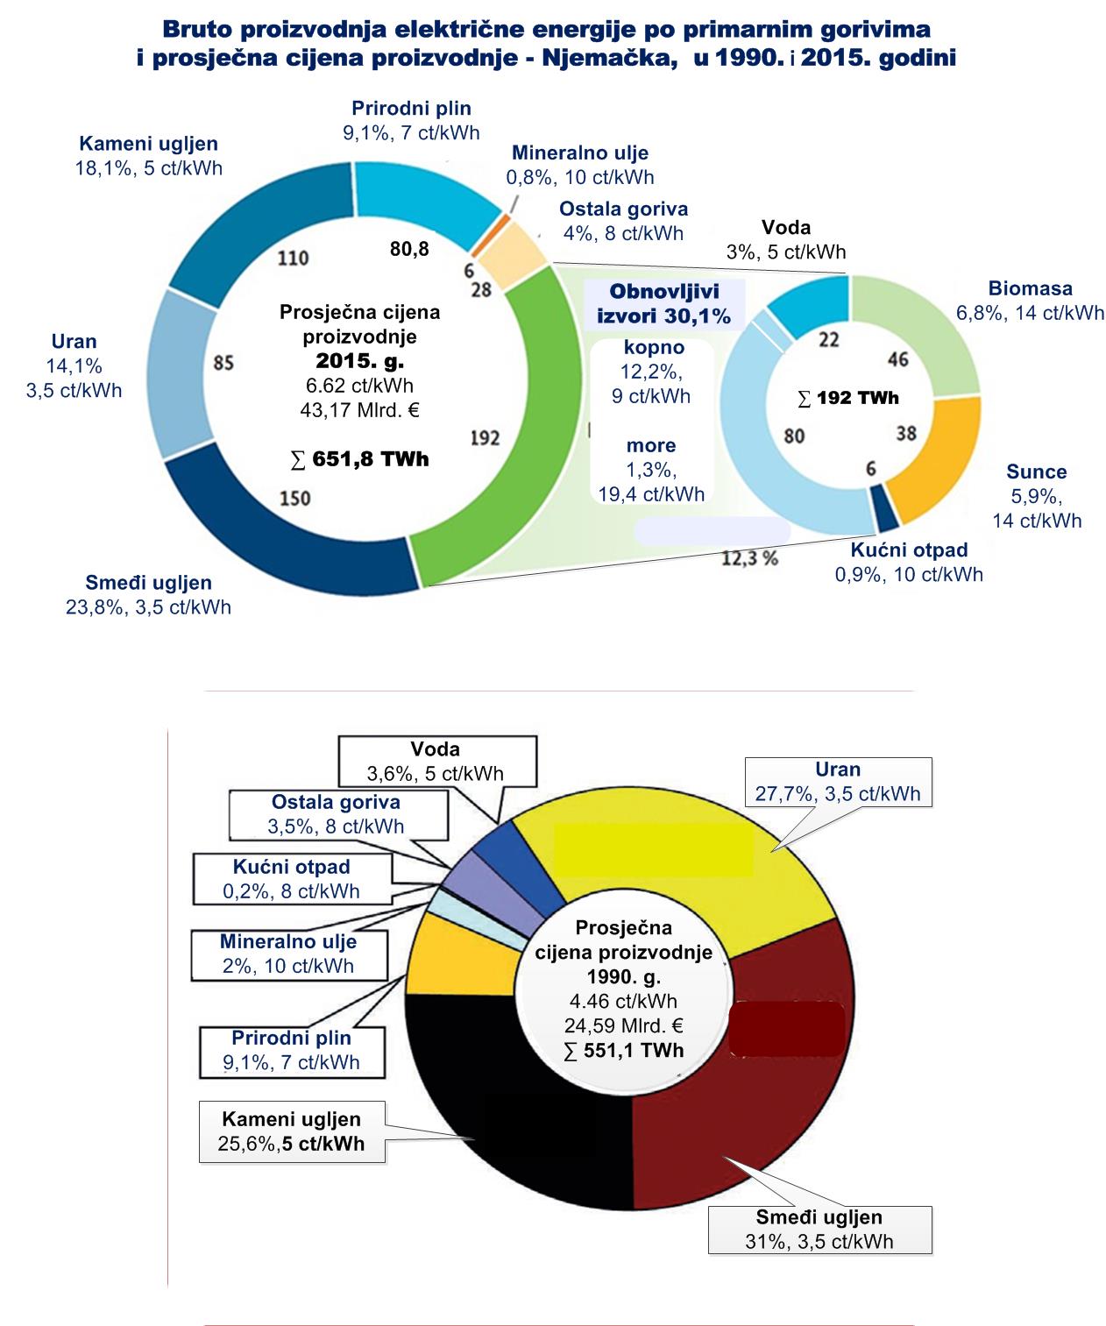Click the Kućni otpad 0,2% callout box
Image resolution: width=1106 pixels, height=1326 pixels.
pos(292,879)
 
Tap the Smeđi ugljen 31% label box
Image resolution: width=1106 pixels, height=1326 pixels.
pos(819,1229)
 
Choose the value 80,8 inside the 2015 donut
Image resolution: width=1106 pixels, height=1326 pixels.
pos(409,249)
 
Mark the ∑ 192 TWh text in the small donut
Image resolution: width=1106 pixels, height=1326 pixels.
pos(848,398)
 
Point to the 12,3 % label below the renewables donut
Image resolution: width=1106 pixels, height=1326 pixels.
pos(749,557)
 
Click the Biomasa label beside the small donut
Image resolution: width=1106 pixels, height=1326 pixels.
pos(1030,288)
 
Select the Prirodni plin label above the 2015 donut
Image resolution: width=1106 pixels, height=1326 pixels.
pos(411,109)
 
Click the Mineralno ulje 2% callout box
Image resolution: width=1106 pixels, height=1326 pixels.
pos(288,954)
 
